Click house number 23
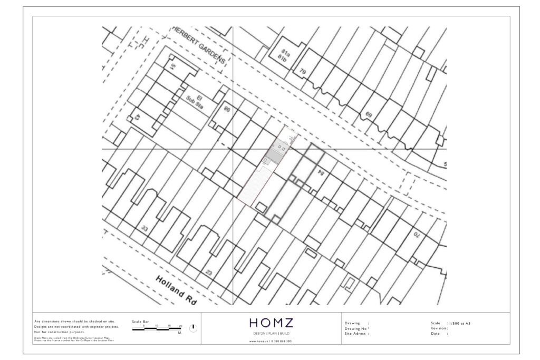[x=209, y=273]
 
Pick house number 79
[x=303, y=71]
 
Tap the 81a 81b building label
[x=284, y=55]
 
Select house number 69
[x=369, y=115]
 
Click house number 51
[x=172, y=66]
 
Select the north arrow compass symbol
[x=193, y=328]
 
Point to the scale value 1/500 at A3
[x=459, y=323]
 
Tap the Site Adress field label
[x=356, y=334]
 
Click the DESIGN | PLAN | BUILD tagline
[x=272, y=334]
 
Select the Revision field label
[x=439, y=328]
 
